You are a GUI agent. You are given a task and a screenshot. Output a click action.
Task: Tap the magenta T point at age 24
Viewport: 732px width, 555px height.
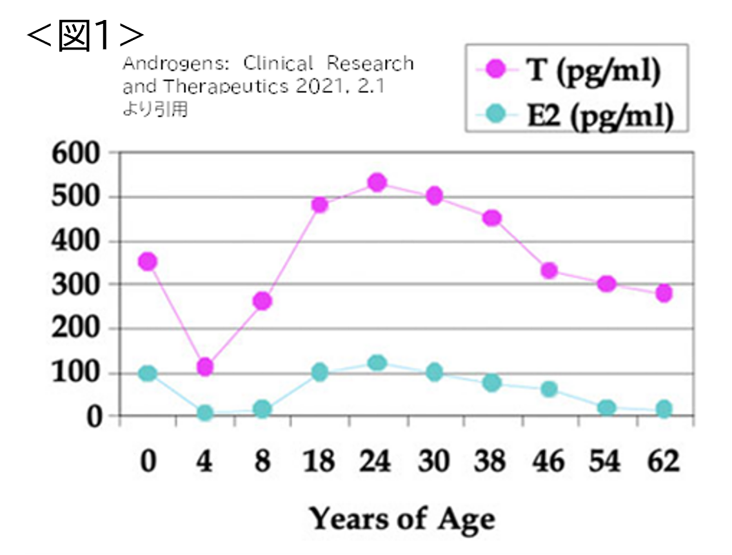377,182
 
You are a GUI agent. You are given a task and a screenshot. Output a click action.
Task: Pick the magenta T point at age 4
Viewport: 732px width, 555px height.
205,367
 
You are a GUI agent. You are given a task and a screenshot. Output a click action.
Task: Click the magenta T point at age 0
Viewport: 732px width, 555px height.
148,261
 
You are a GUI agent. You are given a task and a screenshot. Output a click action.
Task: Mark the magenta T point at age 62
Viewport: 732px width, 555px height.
664,293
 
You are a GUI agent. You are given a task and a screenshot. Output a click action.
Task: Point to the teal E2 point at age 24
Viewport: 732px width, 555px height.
377,363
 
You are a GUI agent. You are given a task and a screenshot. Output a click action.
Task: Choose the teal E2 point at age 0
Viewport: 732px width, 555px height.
148,373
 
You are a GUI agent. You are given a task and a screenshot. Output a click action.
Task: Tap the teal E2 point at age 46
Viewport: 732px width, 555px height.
549,389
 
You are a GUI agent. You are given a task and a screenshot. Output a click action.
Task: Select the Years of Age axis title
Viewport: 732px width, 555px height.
402,518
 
